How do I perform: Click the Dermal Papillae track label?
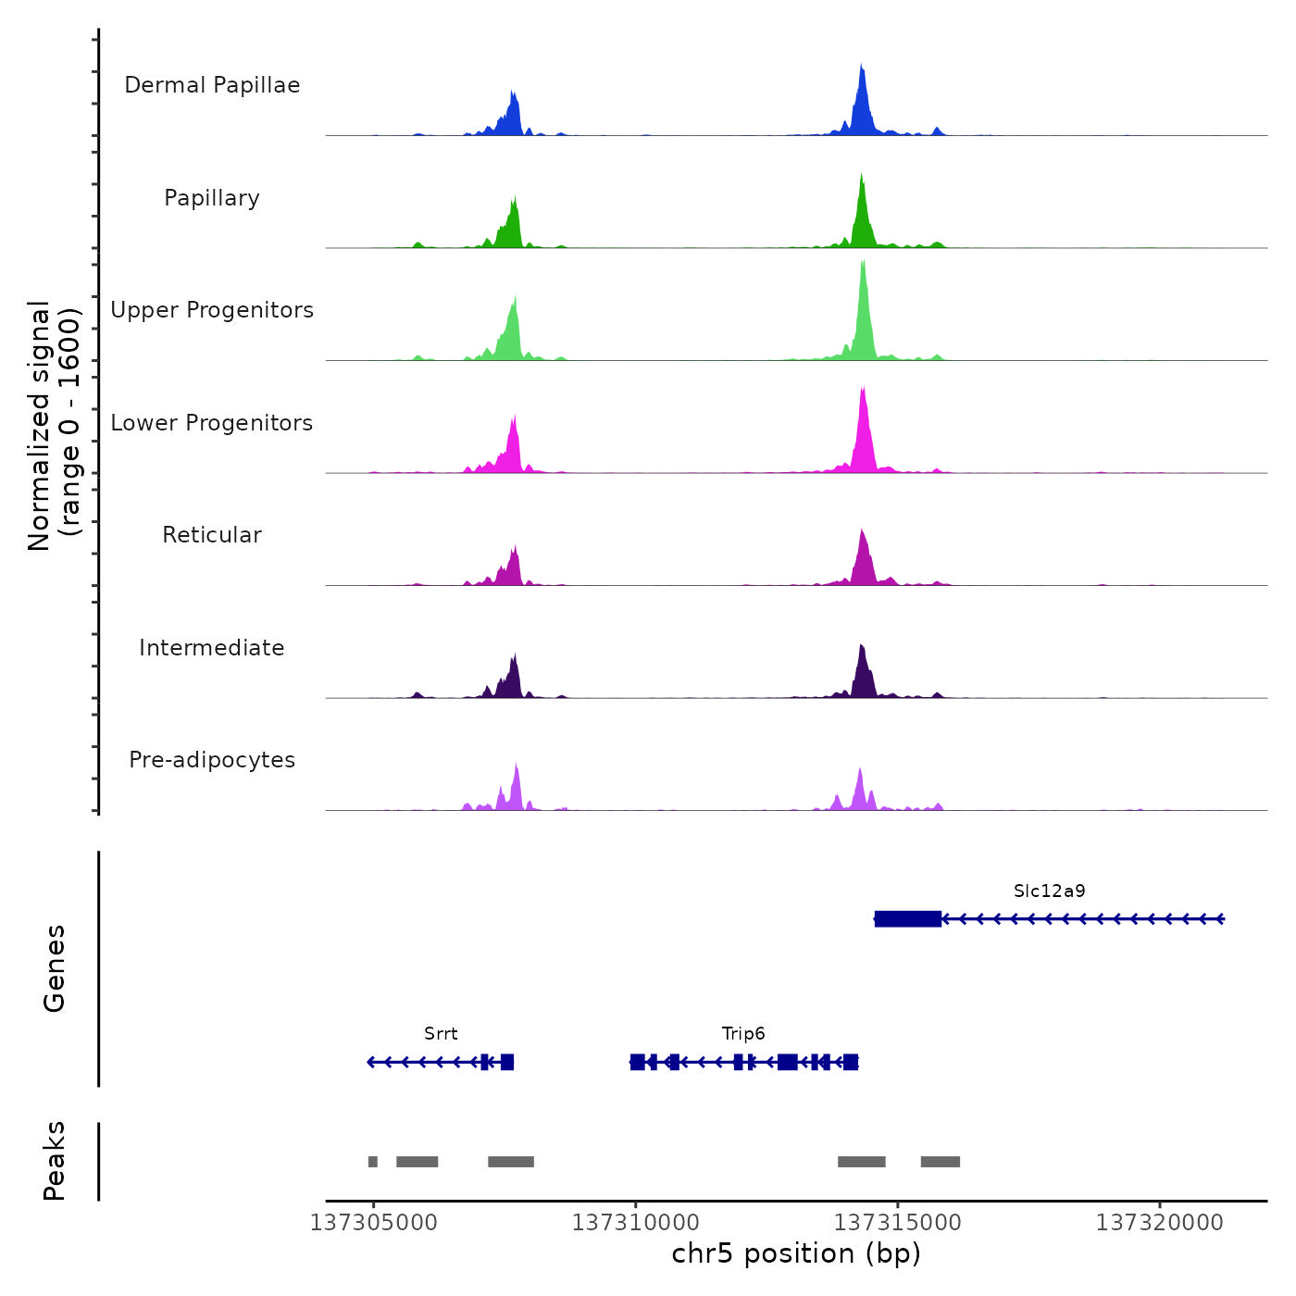coord(212,85)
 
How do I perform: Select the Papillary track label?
coord(212,198)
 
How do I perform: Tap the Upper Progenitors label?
coord(212,310)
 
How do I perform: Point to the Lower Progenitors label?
coord(212,423)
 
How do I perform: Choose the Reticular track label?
coord(212,535)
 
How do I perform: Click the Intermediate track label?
coord(212,648)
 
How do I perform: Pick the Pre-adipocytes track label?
coord(212,760)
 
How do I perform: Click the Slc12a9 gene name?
coord(1049,891)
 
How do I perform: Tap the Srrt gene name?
coord(441,1034)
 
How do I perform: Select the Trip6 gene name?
coord(743,1034)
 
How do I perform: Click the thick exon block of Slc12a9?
coord(907,919)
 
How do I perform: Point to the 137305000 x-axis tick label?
coord(373,1223)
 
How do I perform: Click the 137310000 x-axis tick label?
coord(635,1223)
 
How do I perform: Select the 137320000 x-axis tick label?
coord(1159,1223)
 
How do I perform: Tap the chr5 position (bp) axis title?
coord(796,1253)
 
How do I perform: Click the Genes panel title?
coord(55,968)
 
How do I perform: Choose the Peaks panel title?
coord(55,1161)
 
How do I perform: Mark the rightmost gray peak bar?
coord(940,1162)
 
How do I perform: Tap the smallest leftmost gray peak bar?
coord(372,1162)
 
